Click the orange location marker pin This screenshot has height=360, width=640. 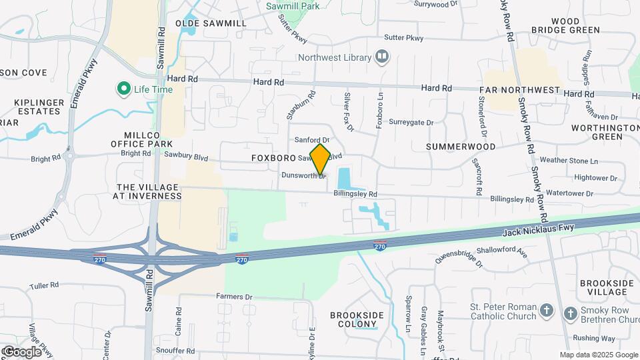pyautogui.click(x=320, y=159)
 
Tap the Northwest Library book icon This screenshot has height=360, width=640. pyautogui.click(x=382, y=57)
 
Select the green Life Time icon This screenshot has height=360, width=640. pyautogui.click(x=123, y=88)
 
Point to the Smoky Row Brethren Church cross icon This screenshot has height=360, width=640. pyautogui.click(x=569, y=313)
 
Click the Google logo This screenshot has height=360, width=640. pyautogui.click(x=21, y=351)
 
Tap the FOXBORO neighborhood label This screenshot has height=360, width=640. pyautogui.click(x=273, y=159)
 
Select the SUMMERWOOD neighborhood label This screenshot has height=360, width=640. pyautogui.click(x=461, y=146)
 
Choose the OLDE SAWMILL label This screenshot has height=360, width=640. pyautogui.click(x=211, y=23)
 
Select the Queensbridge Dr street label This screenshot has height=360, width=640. pyautogui.click(x=459, y=257)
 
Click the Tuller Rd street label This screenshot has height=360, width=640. pyautogui.click(x=44, y=285)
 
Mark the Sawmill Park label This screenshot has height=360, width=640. pyautogui.click(x=292, y=6)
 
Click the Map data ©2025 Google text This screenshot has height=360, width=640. pyautogui.click(x=598, y=355)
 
